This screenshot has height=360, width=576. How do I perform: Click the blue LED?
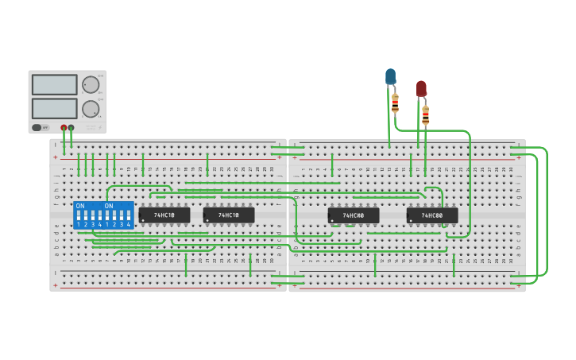390,76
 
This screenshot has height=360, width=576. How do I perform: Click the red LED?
421,88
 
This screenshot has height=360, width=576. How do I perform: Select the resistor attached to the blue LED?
395,103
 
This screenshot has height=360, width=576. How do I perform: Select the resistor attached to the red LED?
425,115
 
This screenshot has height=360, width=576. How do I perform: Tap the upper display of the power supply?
55,84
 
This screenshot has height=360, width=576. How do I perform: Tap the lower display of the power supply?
55,108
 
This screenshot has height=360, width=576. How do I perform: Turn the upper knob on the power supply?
91,85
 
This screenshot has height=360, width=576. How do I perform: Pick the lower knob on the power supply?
91,109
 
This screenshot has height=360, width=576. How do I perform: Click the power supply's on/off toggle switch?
37,127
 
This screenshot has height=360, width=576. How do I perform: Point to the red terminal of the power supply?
64,127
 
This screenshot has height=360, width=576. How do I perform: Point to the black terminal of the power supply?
72,127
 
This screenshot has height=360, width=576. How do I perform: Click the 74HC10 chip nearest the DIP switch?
164,215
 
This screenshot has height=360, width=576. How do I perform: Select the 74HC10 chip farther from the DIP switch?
229,215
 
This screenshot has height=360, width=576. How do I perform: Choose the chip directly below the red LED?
432,215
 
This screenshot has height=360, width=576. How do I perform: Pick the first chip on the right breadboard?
354,215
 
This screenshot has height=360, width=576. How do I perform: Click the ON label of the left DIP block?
80,206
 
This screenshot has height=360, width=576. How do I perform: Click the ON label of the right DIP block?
109,206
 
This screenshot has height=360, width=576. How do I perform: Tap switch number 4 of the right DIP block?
129,216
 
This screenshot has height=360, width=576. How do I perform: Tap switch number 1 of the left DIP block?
78,216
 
